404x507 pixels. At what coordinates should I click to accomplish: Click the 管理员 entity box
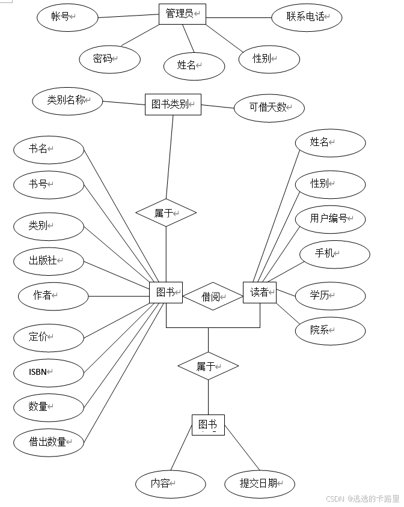pyautogui.click(x=182, y=14)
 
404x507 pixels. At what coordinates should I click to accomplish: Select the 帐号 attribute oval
pyautogui.click(x=67, y=17)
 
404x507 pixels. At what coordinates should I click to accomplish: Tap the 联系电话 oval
pyautogui.click(x=307, y=17)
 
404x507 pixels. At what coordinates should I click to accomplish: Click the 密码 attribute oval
pyautogui.click(x=109, y=59)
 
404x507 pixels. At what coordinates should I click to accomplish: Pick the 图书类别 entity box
pyautogui.click(x=173, y=105)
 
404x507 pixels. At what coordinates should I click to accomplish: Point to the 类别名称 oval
pyautogui.click(x=67, y=101)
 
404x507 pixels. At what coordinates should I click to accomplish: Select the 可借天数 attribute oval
pyautogui.click(x=269, y=108)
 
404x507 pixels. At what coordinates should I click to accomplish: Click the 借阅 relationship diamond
pyautogui.click(x=212, y=296)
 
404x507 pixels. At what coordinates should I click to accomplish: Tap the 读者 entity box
pyautogui.click(x=260, y=293)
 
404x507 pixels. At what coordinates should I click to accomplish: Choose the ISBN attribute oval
pyautogui.click(x=49, y=372)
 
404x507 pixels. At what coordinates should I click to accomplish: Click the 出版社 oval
pyautogui.click(x=49, y=261)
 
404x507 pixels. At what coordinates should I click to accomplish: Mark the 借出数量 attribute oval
pyautogui.click(x=49, y=442)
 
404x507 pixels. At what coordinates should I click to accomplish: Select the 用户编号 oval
pyautogui.click(x=330, y=219)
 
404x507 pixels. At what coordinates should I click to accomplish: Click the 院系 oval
pyautogui.click(x=330, y=330)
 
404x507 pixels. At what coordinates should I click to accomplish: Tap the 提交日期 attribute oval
pyautogui.click(x=260, y=484)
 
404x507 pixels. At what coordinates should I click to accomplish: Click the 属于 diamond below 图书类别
pyautogui.click(x=166, y=213)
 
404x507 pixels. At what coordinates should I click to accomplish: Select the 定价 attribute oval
pyautogui.click(x=49, y=337)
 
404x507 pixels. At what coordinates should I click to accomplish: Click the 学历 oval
pyautogui.click(x=330, y=295)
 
